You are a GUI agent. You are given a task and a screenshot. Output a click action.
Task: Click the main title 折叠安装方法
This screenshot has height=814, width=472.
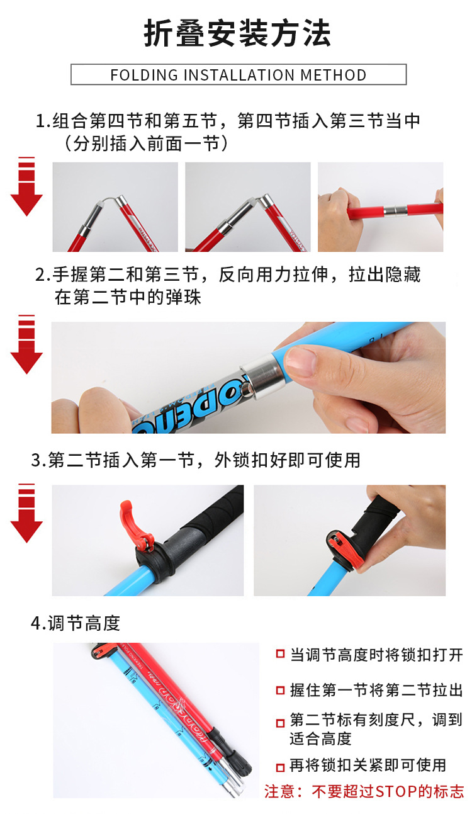(x=237, y=34)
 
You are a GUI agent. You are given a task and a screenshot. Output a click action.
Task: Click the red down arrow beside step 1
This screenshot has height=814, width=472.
(x=26, y=188)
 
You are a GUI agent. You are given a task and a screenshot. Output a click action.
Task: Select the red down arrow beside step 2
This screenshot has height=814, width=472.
(x=26, y=345)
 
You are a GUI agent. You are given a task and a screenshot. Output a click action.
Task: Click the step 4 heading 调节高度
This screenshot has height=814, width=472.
(x=84, y=623)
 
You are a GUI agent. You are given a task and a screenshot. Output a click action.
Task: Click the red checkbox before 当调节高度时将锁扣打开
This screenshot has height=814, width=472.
(x=280, y=655)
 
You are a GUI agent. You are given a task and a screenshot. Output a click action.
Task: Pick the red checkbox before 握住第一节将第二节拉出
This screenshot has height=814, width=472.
(x=280, y=691)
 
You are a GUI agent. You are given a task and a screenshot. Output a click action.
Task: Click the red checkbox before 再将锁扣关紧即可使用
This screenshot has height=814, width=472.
(x=280, y=767)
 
